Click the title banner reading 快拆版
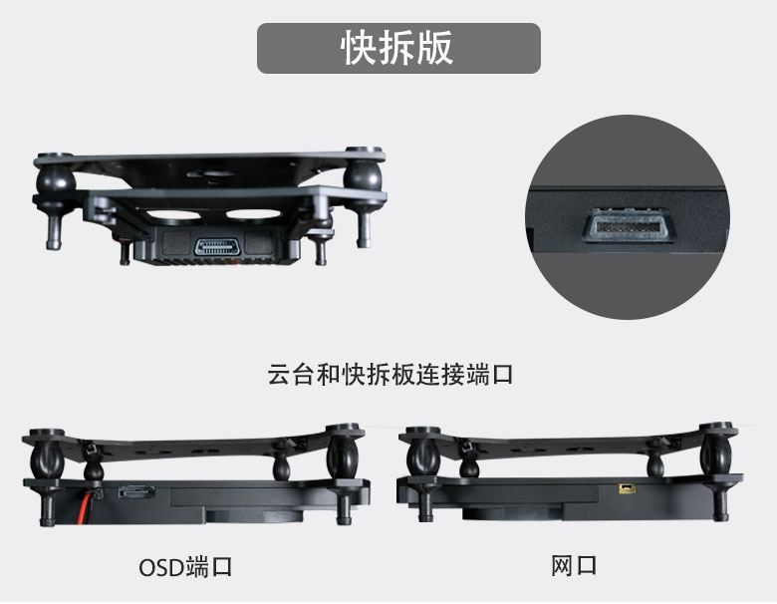click(398, 48)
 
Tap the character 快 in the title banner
click(359, 48)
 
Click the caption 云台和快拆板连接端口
click(389, 375)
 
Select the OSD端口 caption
click(185, 567)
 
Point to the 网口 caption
click(574, 566)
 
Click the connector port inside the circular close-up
click(628, 226)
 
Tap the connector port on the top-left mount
click(217, 247)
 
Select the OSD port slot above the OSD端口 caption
click(136, 491)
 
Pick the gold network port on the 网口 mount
click(627, 489)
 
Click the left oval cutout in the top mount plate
click(172, 214)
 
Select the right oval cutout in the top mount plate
click(254, 214)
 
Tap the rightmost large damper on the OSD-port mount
click(343, 458)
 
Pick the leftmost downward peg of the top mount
click(54, 229)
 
